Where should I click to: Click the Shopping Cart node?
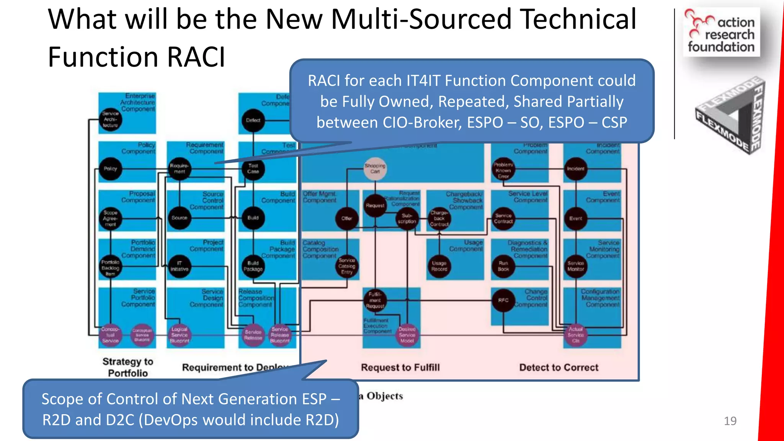click(x=375, y=169)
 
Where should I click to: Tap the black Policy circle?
click(x=110, y=169)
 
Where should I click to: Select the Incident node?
click(x=575, y=169)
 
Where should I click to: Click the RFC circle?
click(x=503, y=301)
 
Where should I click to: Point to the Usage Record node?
click(x=439, y=266)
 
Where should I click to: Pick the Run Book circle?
click(x=503, y=266)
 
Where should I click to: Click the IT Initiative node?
click(x=179, y=266)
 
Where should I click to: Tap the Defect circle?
click(x=253, y=120)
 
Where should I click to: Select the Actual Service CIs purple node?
click(x=575, y=335)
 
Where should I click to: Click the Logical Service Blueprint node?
click(x=179, y=335)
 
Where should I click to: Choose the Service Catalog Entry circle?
click(x=347, y=266)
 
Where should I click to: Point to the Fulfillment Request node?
click(x=375, y=301)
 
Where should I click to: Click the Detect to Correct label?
click(x=559, y=367)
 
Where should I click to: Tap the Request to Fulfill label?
click(x=400, y=367)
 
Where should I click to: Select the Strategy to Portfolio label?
click(x=127, y=367)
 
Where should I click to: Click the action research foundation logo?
click(x=721, y=33)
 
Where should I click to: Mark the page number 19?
click(x=730, y=421)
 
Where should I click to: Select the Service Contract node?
click(x=503, y=219)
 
